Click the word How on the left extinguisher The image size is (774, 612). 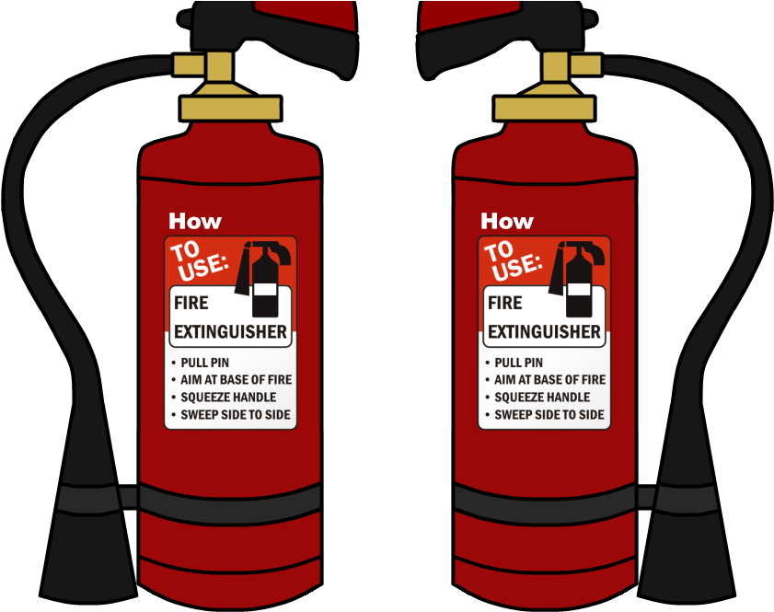click(x=195, y=221)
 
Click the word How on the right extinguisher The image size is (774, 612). click(x=507, y=221)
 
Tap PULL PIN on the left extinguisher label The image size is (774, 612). click(x=205, y=363)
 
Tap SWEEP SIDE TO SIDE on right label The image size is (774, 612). click(x=549, y=415)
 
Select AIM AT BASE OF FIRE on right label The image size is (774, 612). click(x=549, y=380)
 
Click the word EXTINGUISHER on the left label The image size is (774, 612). click(x=230, y=331)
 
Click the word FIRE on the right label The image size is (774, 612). click(x=505, y=303)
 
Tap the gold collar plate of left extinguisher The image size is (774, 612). click(x=230, y=109)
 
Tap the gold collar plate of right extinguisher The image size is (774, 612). click(x=543, y=109)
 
